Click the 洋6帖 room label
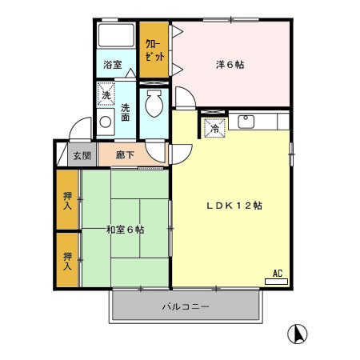coord(230,64)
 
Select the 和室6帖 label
coord(125,230)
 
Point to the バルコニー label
coord(186,306)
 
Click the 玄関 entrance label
coord(82,156)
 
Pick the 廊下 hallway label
coord(124,156)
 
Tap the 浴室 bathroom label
coord(113,65)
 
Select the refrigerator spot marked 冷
coord(215,126)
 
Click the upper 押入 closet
coord(68,199)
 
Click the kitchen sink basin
coord(247,122)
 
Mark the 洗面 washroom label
coord(126,113)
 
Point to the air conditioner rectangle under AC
coord(277,282)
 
